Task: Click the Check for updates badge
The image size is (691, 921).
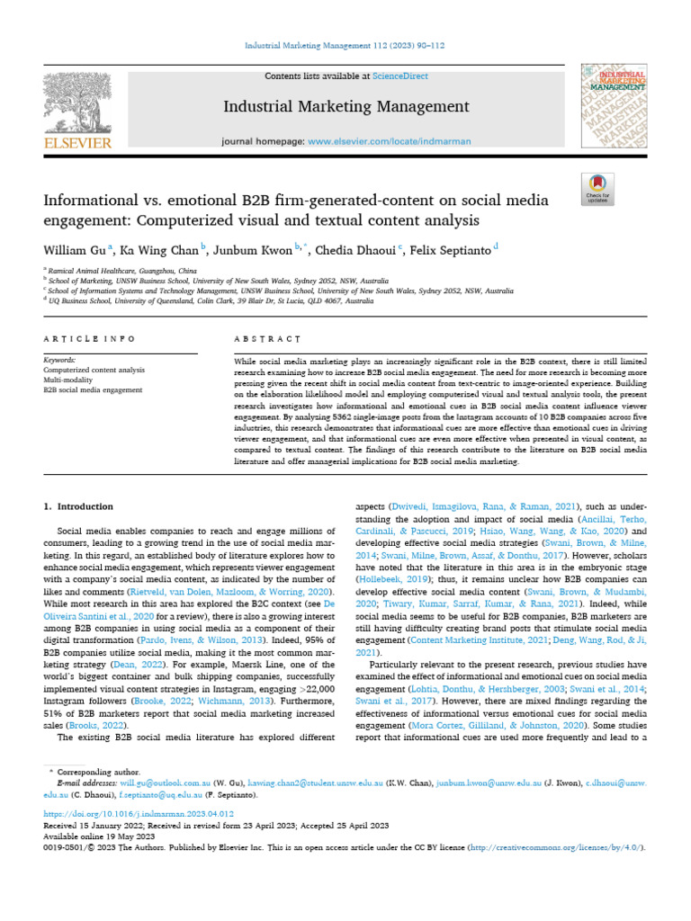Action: (x=597, y=192)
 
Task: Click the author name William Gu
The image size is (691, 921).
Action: (x=73, y=248)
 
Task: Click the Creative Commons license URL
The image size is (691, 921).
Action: (x=547, y=848)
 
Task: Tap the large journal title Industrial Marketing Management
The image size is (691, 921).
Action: (x=346, y=108)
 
